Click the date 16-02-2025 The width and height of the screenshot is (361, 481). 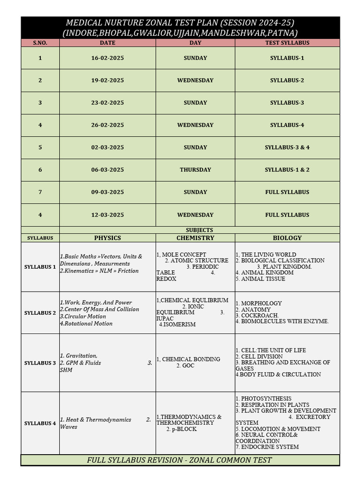(107, 58)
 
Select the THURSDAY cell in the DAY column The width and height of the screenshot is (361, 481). (195, 170)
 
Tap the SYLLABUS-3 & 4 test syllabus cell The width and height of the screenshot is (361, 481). (287, 147)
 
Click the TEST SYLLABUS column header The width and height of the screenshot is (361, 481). (287, 43)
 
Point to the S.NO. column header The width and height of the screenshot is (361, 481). (40, 43)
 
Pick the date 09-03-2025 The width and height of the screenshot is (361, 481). (107, 192)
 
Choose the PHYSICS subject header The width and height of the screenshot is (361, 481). (107, 238)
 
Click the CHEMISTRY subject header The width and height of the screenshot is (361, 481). (195, 238)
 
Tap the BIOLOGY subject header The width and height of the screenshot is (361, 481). (287, 238)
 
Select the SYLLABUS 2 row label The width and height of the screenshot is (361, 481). (40, 313)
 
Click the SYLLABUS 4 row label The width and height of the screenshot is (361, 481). (40, 424)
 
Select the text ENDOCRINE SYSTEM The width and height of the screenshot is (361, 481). (270, 447)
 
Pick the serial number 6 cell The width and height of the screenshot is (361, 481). (40, 170)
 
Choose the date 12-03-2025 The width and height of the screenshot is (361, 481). (107, 215)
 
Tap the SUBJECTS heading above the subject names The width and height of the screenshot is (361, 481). (199, 230)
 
